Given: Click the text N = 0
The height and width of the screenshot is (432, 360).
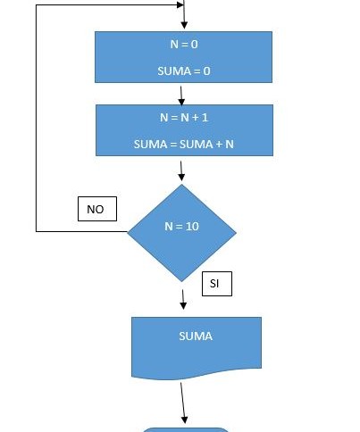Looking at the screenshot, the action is [x=184, y=45].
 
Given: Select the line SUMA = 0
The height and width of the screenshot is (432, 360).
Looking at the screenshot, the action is [x=184, y=71].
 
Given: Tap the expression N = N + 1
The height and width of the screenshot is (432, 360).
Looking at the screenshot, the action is [x=184, y=118].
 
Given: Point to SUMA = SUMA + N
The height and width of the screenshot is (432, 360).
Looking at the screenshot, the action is [x=184, y=145].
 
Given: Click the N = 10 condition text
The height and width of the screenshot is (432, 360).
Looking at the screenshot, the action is [x=181, y=227].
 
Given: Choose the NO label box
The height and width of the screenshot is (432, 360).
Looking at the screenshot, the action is [x=97, y=209].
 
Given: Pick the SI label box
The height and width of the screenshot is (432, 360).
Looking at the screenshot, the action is [x=217, y=284].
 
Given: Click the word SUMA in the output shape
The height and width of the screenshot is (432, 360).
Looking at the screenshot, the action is [x=196, y=336].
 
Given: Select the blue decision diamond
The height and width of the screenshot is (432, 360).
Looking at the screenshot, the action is [x=181, y=233].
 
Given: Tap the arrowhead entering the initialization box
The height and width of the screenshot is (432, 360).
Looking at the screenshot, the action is [x=184, y=26].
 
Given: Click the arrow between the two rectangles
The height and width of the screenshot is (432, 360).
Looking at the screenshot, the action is [x=181, y=96].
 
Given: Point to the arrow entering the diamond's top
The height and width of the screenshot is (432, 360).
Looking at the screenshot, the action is [x=181, y=171].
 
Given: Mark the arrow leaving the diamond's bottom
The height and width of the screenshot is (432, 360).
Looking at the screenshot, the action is [x=183, y=300].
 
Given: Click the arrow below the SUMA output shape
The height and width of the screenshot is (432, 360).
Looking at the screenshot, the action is [x=182, y=403].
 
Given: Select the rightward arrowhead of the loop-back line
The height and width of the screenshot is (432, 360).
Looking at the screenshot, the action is [x=180, y=4].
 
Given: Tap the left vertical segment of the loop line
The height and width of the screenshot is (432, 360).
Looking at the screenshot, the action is [x=36, y=118].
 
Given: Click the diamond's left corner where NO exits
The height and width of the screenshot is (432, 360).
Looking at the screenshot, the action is [x=128, y=232].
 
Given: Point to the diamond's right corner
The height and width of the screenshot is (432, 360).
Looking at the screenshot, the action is [x=237, y=233].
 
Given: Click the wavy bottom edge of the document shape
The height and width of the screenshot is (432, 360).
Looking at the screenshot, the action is [x=197, y=374].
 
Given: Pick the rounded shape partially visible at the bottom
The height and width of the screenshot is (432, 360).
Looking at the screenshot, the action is [x=186, y=429].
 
